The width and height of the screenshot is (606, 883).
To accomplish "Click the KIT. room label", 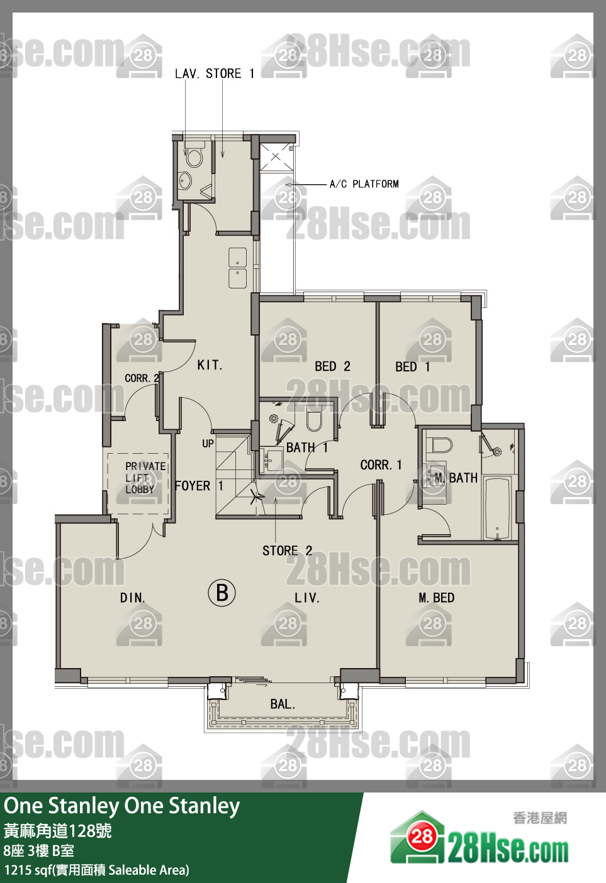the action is coord(210,365).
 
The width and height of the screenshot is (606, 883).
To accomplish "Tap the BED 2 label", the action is coord(332,366).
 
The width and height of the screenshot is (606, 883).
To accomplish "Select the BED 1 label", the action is coord(413,367).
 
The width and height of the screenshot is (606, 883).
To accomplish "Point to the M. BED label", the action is coord(436,598).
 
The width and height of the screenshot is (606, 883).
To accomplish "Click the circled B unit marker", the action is coord(222,593).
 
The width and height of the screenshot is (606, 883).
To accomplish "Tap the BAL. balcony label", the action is coord(283,704).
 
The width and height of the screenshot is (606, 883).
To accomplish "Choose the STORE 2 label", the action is coord(288,551).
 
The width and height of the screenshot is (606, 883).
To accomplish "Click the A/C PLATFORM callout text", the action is coord(364,184).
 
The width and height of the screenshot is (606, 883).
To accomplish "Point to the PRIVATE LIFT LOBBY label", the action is coord(145,478).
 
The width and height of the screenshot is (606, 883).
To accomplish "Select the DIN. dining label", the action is coord(133,598).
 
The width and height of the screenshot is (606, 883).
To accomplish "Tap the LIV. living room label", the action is coord(306,598).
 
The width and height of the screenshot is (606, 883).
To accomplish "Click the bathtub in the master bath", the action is coord(497,508).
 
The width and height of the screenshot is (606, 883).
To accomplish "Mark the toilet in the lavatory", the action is coord(194,156).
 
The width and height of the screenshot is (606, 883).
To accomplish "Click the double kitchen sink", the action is coord(238,268).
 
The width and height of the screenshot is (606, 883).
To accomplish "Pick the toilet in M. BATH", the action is coord(441,445).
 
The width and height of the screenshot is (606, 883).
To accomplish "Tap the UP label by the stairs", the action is coord(208,444).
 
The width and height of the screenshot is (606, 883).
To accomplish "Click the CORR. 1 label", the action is coord(381,465).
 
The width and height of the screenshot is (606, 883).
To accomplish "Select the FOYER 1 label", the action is coord(199,486).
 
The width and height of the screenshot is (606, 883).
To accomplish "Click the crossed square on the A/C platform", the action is coord(276,156).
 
